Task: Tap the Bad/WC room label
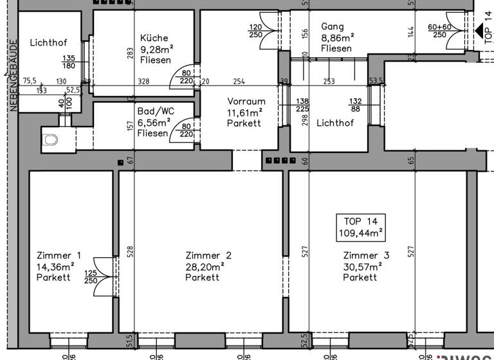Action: (x=155, y=111)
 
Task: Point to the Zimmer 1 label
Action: (x=59, y=255)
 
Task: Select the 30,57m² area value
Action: (x=362, y=266)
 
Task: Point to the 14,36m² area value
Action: (x=56, y=266)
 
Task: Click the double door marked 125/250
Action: (x=104, y=277)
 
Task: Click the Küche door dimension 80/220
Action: (x=187, y=77)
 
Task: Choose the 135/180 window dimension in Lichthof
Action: (x=69, y=62)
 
